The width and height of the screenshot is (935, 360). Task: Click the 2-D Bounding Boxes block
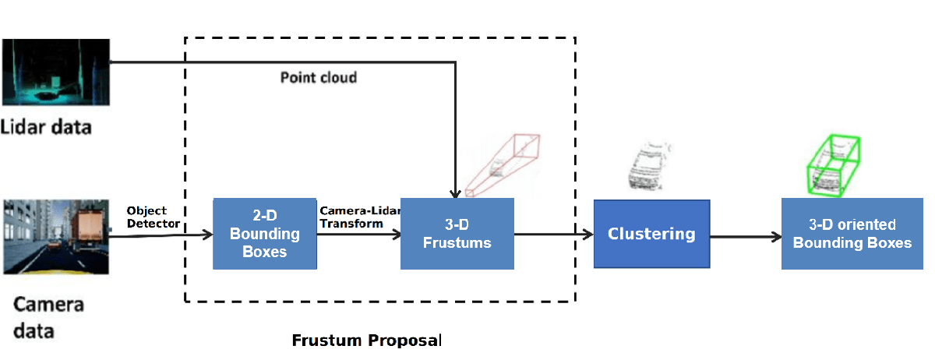pyautogui.click(x=265, y=234)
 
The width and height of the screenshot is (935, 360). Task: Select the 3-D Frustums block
pyautogui.click(x=457, y=234)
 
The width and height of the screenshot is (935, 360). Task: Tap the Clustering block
pyautogui.click(x=651, y=234)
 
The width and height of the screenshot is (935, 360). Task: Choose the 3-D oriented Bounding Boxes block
pyautogui.click(x=852, y=234)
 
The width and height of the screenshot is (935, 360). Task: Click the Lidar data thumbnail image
pyautogui.click(x=56, y=72)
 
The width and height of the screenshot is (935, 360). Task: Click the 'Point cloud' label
pyautogui.click(x=318, y=78)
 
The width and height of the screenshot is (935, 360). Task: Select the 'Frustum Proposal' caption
pyautogui.click(x=366, y=341)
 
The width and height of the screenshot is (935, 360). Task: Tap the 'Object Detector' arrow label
pyautogui.click(x=153, y=217)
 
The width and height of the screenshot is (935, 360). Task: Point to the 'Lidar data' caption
pyautogui.click(x=46, y=126)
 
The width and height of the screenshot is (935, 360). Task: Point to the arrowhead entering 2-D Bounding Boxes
pyautogui.click(x=207, y=234)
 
